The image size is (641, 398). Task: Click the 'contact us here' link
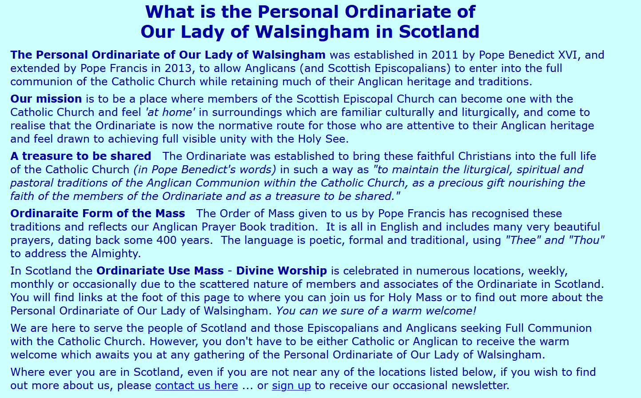coord(196,386)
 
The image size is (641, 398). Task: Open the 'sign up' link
coord(291,386)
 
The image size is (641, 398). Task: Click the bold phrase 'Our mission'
coord(46,99)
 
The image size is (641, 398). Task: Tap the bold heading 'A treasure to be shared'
coord(81,156)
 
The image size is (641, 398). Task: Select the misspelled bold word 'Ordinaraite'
coord(44,213)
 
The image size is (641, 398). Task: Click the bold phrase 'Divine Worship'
coord(282,271)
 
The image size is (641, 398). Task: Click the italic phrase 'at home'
coord(171,112)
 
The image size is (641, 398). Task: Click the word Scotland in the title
coord(439,31)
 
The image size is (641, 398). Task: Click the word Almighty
coord(116,253)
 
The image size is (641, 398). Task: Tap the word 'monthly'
coord(32,284)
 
